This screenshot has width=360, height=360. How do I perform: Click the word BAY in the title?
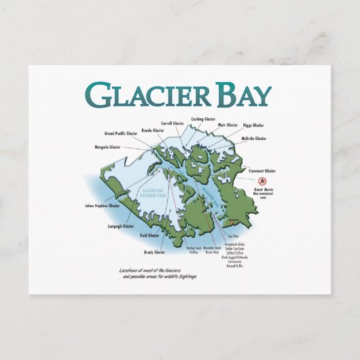pos(239,95)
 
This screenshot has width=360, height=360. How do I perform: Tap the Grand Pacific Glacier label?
pos(120,134)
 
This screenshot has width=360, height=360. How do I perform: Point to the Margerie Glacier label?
pos(108,147)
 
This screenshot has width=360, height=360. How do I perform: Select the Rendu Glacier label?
pos(153,130)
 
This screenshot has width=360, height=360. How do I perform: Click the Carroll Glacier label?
pos(175,124)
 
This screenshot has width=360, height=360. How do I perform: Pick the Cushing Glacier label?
pos(204,119)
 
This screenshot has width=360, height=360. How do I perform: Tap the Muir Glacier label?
pos(228,125)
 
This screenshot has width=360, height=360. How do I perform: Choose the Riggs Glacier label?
pos(253,125)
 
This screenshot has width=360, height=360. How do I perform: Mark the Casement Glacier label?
pos(262,171)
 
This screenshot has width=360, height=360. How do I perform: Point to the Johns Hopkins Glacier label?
pos(102,205)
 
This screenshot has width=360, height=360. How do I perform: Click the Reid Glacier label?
pos(149,235)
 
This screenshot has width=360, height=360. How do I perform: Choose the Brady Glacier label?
pos(154,252)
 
